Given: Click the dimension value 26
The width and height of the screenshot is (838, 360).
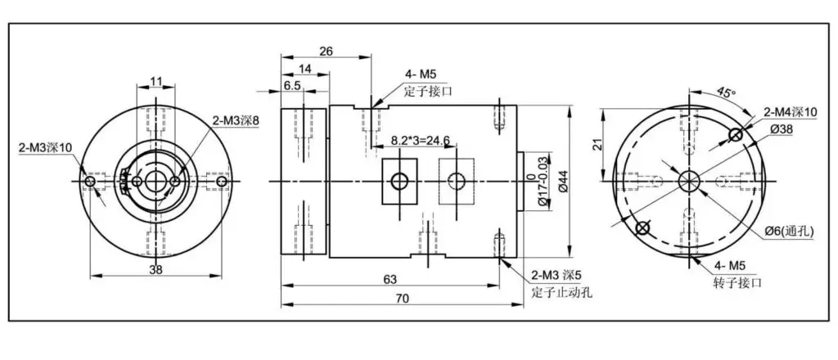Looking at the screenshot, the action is click(326, 52).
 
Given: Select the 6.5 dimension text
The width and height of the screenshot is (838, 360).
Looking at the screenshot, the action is click(292, 85).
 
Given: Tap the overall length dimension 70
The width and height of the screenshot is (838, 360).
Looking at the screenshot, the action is click(403, 299).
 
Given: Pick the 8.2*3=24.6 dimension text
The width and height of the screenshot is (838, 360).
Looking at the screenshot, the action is click(421, 140).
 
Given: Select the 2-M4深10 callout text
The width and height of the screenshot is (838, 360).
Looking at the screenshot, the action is click(791, 112).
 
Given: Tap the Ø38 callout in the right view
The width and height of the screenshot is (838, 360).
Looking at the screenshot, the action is click(782, 128).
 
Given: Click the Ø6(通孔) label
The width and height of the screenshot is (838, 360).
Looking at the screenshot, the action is click(788, 232).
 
